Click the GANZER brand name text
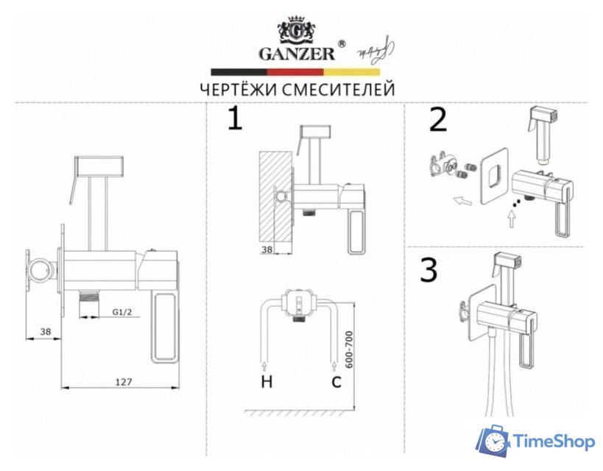point(297,54)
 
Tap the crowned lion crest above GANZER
point(297,31)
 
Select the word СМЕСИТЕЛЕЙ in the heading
point(339,90)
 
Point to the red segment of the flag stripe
point(295,72)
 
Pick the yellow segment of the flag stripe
point(352,72)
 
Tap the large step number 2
point(438,119)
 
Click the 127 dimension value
point(124,382)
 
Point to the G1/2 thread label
point(122,312)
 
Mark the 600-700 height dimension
point(348,350)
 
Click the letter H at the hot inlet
point(267,381)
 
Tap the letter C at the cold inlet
point(336,381)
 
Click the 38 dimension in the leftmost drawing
point(46,331)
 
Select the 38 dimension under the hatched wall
point(267,249)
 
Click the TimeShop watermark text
point(554,441)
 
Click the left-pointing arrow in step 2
point(462,200)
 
